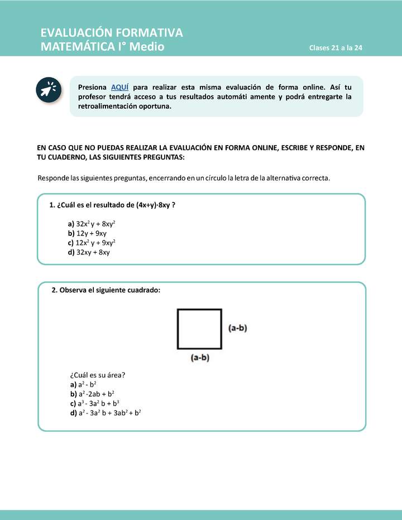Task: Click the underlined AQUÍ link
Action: [120, 87]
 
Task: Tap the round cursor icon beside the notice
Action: [49, 90]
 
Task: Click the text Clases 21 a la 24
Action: [336, 48]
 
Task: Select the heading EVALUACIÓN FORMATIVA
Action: [112, 33]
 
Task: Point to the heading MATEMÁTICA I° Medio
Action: [103, 47]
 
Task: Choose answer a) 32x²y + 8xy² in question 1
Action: [92, 224]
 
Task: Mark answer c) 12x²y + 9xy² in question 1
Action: [92, 243]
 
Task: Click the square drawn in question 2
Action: [199, 329]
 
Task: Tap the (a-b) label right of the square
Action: [238, 328]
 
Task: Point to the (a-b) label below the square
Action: [200, 358]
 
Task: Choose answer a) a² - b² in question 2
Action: [84, 384]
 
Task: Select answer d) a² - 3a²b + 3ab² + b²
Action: [106, 413]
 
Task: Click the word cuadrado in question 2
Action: [144, 290]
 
